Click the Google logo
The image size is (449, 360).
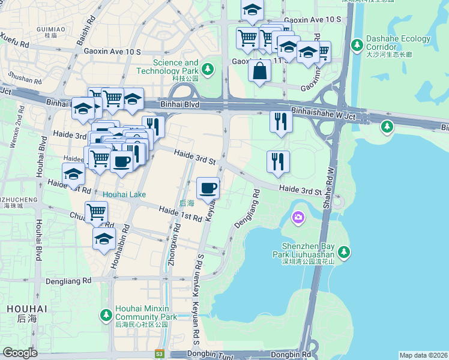20,352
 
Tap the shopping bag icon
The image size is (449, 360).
259,71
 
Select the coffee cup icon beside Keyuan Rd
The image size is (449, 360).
208,188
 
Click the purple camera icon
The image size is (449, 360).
298,217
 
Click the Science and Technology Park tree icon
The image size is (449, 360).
208,70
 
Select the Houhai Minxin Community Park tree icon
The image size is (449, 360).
106,314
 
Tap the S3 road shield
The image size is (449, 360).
159,354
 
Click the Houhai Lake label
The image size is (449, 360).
124,194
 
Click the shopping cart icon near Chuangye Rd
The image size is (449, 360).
96,211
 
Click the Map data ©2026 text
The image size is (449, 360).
423,355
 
